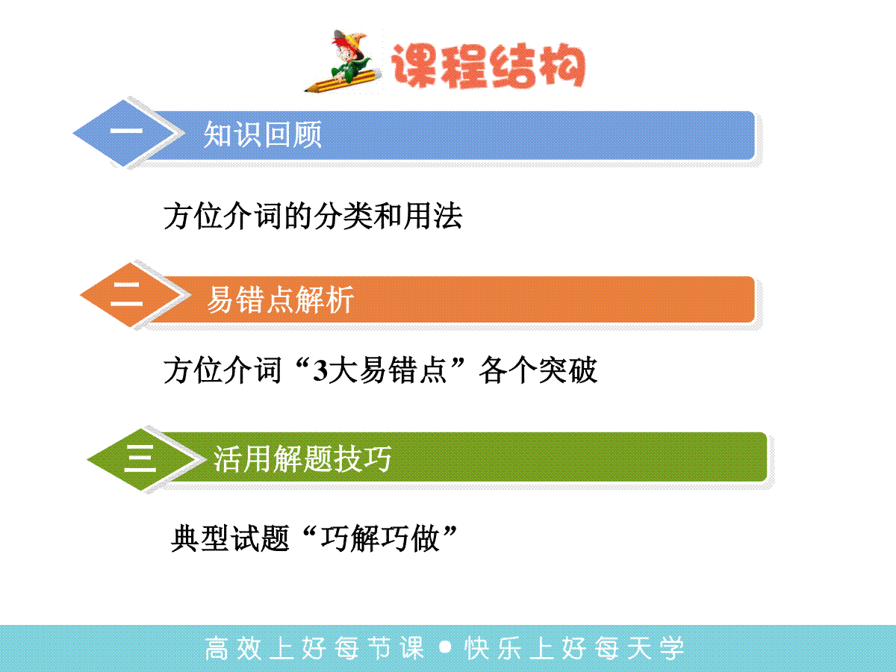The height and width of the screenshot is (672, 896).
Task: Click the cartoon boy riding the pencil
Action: click(x=348, y=59)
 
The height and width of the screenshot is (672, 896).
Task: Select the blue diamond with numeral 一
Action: click(x=125, y=133)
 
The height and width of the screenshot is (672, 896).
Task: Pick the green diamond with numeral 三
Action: click(x=141, y=459)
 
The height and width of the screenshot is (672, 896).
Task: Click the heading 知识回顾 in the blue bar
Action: click(x=263, y=134)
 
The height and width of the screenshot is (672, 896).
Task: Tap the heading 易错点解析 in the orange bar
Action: click(x=281, y=299)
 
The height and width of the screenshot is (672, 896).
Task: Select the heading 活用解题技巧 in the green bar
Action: click(x=302, y=458)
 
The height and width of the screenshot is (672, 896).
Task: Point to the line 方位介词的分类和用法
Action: click(x=313, y=216)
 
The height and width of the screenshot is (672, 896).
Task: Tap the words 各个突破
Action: click(x=538, y=370)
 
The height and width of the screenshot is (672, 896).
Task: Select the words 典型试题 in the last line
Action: click(x=230, y=538)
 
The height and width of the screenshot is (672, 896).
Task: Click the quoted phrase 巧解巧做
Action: click(x=380, y=538)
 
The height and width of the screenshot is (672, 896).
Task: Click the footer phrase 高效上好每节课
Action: click(x=314, y=648)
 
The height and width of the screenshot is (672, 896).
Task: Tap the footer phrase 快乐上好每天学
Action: click(x=574, y=648)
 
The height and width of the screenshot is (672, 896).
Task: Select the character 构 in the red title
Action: click(x=562, y=66)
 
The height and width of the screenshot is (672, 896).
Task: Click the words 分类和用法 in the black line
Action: click(x=388, y=216)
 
